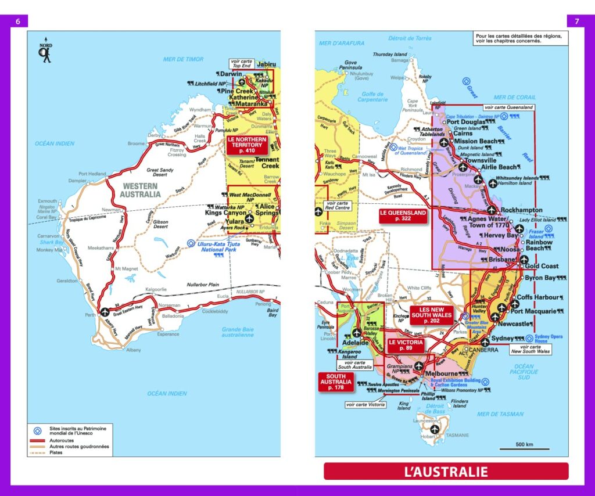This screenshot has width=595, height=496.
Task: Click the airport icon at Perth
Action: coord(105,312)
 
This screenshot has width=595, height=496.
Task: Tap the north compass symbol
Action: coord(45,53)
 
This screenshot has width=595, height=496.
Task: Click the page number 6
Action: coord(18,21)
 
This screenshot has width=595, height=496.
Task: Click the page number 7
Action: coord(576,21)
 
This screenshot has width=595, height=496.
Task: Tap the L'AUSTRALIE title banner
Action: coord(446,472)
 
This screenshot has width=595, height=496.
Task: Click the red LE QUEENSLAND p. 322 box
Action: coord(403,216)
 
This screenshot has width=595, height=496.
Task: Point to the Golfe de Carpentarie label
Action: coord(372,96)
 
